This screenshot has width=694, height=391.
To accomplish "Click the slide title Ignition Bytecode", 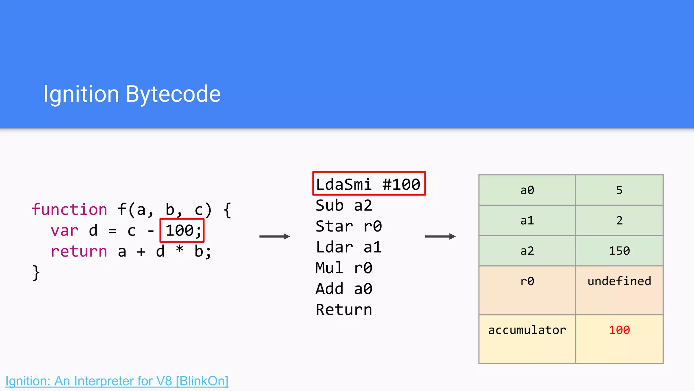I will tap(132, 94).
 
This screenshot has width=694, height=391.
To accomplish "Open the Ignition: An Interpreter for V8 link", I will tap(117, 381).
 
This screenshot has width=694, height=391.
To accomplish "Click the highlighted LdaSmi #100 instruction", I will tap(369, 184).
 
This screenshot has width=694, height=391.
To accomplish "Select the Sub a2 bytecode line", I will tap(344, 206).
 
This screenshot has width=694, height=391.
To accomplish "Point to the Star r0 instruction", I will tap(348, 226).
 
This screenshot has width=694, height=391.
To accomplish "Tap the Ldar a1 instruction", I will tap(348, 247).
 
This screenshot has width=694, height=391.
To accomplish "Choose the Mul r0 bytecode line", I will tap(344, 268).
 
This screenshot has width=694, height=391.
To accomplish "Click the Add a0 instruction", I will tap(344, 289).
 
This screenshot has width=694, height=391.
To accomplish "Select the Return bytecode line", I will tap(344, 310).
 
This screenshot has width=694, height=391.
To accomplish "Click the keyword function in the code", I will tap(69, 209).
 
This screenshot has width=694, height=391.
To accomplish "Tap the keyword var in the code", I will tap(64, 231).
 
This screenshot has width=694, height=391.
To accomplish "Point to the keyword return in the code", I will tap(79, 252).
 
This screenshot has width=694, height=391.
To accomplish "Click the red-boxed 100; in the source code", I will tap(182, 230).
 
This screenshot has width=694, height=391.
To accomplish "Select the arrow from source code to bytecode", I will tap(274, 236).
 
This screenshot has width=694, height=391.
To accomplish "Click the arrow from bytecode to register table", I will tap(440, 236).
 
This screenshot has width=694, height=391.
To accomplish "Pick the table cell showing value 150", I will tap(619, 251).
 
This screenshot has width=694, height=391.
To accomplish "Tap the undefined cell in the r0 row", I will tap(619, 281).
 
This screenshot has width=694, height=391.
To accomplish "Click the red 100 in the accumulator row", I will tap(619, 330).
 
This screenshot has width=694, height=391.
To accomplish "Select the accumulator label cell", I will tap(527, 330).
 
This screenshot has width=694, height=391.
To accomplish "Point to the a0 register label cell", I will tap(527, 190).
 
